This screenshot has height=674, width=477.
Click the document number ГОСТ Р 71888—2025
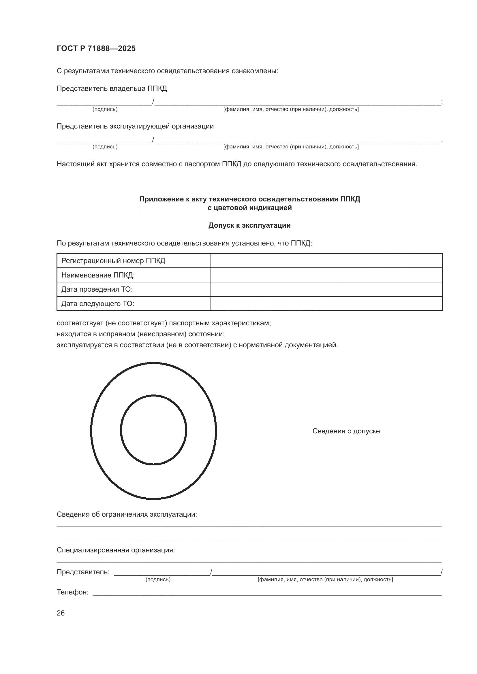(96, 48)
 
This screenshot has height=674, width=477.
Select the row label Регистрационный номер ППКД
(113, 261)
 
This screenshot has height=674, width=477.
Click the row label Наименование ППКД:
(98, 275)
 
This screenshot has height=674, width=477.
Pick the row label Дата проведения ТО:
(97, 289)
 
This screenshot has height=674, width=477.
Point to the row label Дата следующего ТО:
(97, 303)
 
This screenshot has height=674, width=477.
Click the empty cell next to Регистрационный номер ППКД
(326, 261)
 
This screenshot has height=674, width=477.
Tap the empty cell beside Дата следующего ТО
(326, 303)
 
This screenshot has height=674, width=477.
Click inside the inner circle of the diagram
(153, 430)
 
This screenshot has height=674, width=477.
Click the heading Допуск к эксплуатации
(249, 225)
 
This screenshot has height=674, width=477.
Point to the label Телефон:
(72, 592)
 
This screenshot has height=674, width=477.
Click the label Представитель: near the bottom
(83, 572)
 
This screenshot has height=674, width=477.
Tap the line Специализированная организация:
(116, 550)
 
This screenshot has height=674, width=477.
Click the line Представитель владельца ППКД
(112, 88)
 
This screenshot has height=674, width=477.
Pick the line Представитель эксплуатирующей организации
(135, 126)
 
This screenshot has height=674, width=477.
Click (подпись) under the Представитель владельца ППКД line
(105, 109)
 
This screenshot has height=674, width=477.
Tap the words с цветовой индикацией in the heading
(249, 208)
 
